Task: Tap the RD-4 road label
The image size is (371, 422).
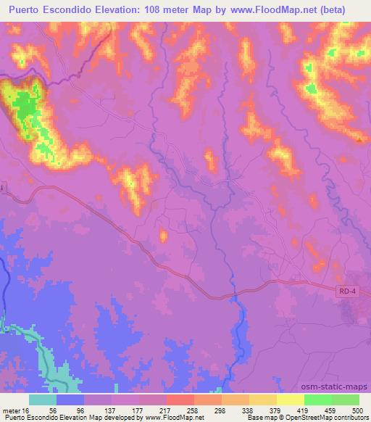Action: coord(347,291)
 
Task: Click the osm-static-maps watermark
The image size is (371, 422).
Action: coord(339,387)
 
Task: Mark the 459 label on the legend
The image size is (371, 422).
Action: coord(330,410)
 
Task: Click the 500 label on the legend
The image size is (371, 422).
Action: coord(356,410)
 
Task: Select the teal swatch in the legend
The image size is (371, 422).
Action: coord(43,400)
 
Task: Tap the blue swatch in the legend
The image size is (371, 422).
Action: coord(70,400)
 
